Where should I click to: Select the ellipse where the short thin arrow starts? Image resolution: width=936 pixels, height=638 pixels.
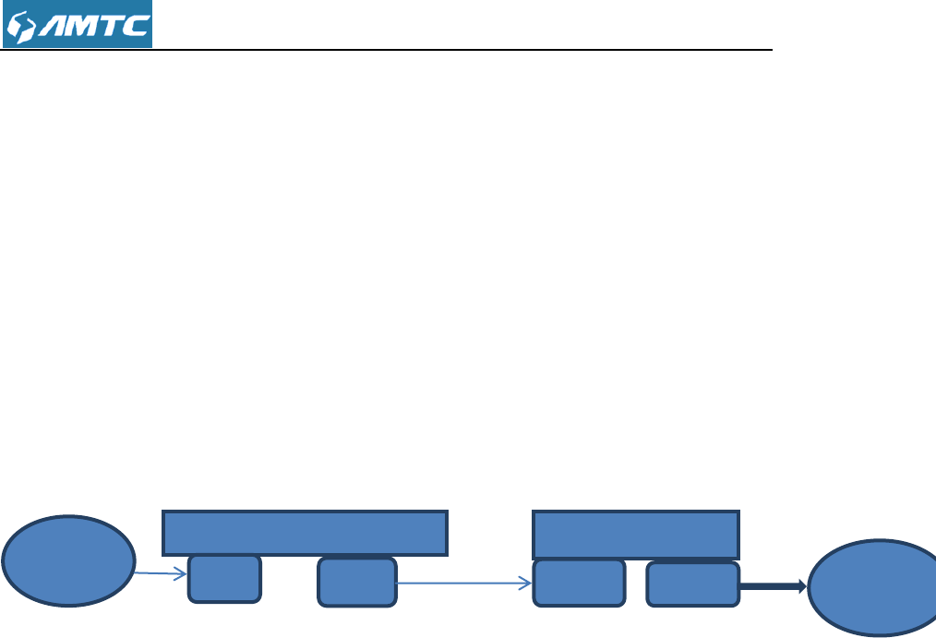pyautogui.click(x=68, y=560)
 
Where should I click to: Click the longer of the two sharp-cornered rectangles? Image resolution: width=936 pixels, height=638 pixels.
pyautogui.click(x=305, y=533)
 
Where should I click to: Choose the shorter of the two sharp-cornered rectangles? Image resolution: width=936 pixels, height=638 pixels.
pyautogui.click(x=636, y=535)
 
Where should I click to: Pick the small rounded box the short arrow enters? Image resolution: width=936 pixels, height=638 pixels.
pyautogui.click(x=224, y=578)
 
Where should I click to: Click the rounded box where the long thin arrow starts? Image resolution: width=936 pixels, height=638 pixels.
pyautogui.click(x=357, y=582)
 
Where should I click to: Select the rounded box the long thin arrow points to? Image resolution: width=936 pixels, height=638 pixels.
pyautogui.click(x=579, y=583)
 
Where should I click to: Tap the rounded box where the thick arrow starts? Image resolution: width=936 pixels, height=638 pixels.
pyautogui.click(x=692, y=584)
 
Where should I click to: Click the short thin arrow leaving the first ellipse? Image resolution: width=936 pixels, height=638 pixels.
pyautogui.click(x=157, y=573)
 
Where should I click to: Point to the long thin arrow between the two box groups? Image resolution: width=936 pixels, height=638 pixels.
pyautogui.click(x=462, y=583)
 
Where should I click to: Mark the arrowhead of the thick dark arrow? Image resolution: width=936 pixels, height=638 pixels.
pyautogui.click(x=802, y=585)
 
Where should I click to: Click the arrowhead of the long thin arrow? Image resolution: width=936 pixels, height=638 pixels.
pyautogui.click(x=527, y=583)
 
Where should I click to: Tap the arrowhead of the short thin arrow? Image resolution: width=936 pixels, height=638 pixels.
pyautogui.click(x=183, y=574)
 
